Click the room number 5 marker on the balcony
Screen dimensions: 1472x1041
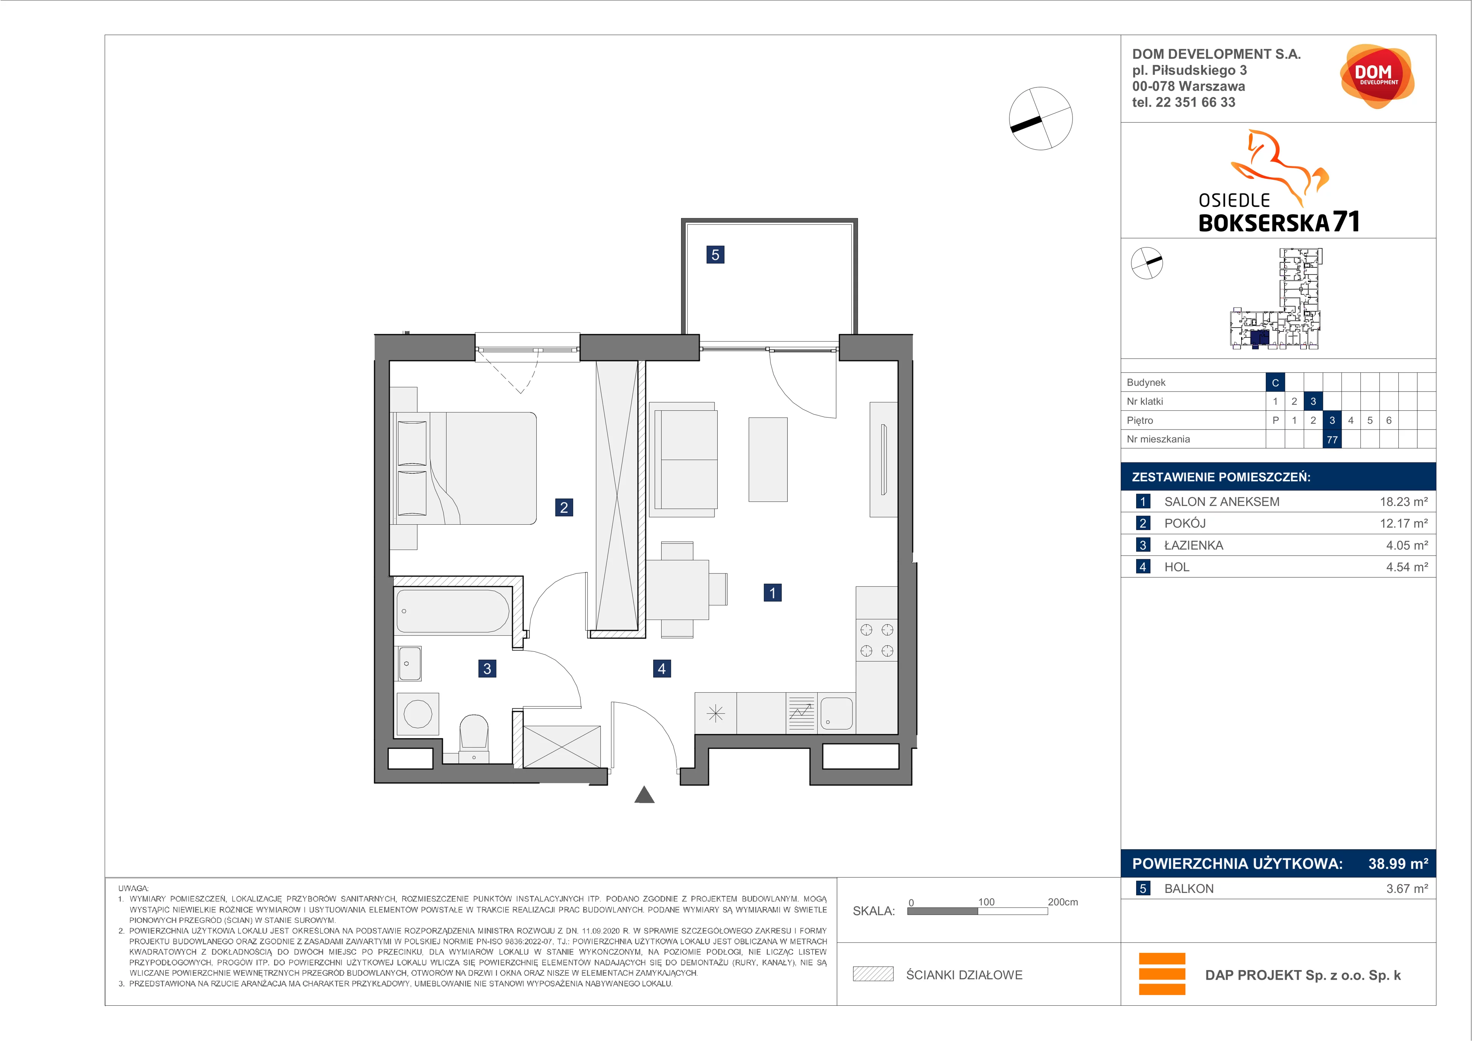click(x=715, y=255)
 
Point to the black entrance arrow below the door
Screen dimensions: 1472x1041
click(x=644, y=796)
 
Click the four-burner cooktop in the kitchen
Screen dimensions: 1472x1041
click(x=876, y=640)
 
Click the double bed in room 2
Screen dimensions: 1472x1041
click(x=463, y=468)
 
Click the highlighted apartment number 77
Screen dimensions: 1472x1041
click(x=1332, y=439)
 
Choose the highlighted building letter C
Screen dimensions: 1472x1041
click(x=1275, y=382)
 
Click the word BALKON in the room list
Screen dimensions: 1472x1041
click(x=1189, y=888)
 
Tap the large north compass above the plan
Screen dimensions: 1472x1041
click(x=1040, y=119)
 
